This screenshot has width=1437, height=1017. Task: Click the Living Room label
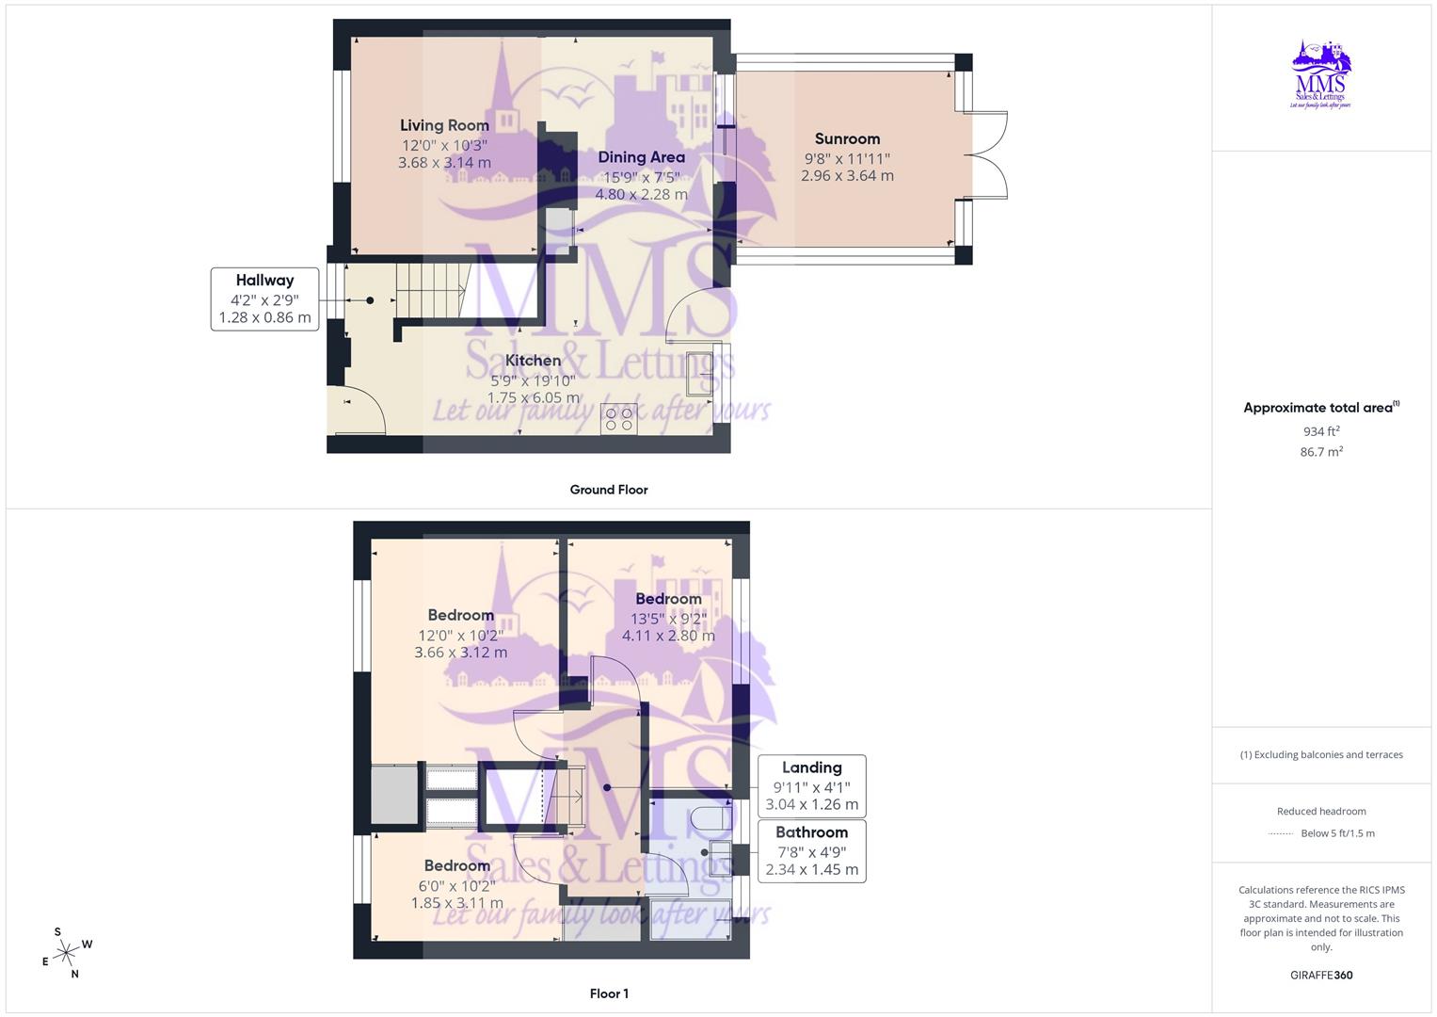coord(444,125)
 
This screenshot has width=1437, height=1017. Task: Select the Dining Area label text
coord(641,157)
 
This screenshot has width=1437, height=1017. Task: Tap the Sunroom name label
coord(847,139)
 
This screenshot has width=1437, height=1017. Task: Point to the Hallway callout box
coord(264,299)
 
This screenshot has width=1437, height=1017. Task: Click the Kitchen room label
coord(533,361)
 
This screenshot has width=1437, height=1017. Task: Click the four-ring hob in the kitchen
coord(618,418)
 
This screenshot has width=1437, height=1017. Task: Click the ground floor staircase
coord(431,291)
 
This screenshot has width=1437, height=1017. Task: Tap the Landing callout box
coord(811,786)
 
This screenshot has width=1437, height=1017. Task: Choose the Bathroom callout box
coord(811,850)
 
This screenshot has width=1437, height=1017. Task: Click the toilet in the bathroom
coord(712,818)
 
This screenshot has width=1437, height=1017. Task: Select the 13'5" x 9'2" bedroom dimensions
coord(668,619)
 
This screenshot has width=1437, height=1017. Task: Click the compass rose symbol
coord(66,953)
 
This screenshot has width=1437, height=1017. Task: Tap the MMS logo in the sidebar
coord(1321,74)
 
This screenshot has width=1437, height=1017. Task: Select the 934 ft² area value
coord(1321,431)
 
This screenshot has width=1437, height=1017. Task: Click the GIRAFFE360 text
coord(1321,976)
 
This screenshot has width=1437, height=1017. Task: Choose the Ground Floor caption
coord(609,490)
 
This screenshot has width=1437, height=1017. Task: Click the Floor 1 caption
coord(609,993)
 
